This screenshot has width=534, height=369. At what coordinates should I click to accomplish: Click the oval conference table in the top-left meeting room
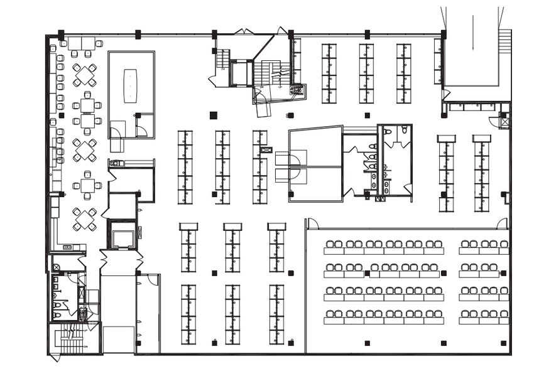tap(131, 85)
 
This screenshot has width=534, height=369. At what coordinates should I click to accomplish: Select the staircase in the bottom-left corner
tap(68, 341)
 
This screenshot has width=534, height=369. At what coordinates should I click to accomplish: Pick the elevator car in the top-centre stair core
tap(240, 73)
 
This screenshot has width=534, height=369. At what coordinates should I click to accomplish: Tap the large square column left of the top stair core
tap(214, 115)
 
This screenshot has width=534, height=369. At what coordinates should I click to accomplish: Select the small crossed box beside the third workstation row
tap(266, 150)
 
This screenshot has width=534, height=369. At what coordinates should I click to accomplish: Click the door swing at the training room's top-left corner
tap(312, 223)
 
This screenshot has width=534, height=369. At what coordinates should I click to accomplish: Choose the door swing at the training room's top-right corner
tap(502, 223)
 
